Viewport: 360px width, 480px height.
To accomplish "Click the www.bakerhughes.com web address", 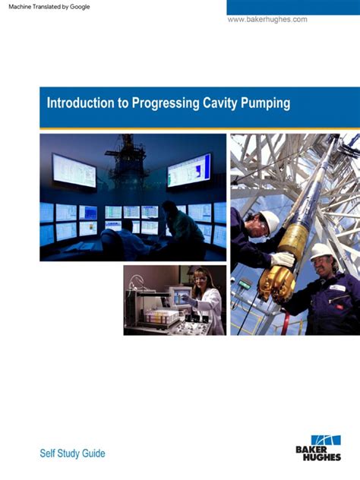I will coord(267,19).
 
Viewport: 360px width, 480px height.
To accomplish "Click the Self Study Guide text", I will coord(72,453).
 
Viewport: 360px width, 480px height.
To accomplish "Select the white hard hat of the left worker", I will coord(270,221).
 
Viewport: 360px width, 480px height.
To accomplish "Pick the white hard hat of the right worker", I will coord(323,251).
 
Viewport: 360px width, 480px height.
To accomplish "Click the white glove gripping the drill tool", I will coord(283,259).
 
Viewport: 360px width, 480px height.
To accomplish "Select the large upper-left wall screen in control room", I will coord(74,170).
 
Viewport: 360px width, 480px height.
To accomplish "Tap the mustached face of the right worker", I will coord(324,267).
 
